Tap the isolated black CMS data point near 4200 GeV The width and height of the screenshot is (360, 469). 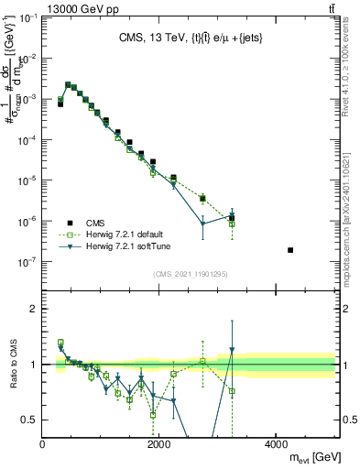290,250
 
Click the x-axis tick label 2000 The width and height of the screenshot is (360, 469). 159,445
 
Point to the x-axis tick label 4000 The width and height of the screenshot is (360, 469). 277,445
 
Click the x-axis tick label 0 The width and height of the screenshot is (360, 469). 43,445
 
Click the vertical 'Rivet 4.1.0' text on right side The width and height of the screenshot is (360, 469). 352,78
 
